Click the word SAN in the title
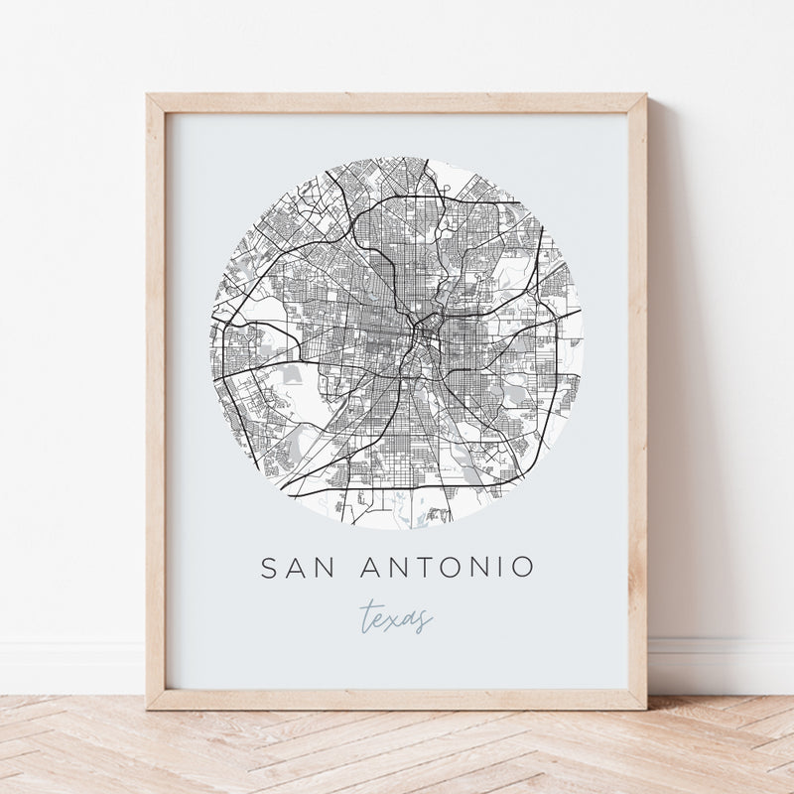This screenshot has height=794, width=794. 295,568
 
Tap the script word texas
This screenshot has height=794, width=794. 397,616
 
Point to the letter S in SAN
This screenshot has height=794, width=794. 269,568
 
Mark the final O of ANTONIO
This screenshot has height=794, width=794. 522,568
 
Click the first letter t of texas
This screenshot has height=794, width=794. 366,615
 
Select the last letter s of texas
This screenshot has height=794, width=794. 426,618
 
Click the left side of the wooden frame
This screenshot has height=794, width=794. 156,397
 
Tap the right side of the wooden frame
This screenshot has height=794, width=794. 637,397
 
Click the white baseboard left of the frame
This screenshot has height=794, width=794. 69,665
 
